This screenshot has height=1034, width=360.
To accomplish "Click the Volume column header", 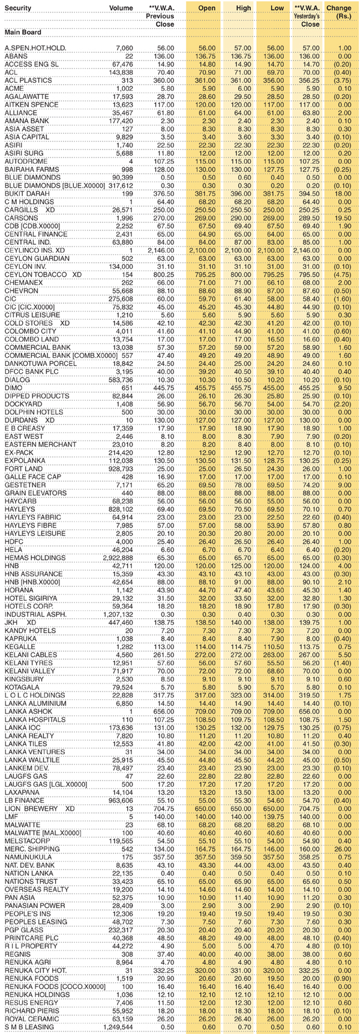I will coord(121,8).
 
